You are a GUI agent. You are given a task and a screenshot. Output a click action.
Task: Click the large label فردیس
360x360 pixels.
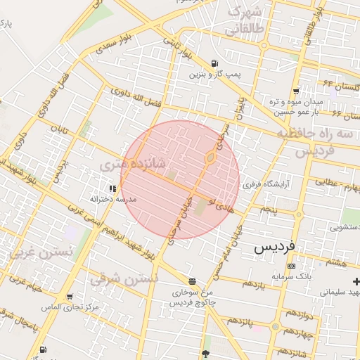pyautogui.click(x=277, y=248)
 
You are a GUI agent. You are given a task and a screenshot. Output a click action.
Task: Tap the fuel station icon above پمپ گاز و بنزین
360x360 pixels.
pyautogui.click(x=214, y=63)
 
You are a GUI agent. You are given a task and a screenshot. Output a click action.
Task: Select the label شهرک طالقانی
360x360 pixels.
pyautogui.click(x=243, y=20)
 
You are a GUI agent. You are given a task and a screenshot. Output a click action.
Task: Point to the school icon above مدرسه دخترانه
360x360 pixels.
pyautogui.click(x=112, y=188)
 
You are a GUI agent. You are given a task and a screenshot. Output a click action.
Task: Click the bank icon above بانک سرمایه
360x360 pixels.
pyautogui.click(x=292, y=266)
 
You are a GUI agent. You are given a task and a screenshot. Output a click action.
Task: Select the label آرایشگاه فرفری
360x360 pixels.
pyautogui.click(x=262, y=186)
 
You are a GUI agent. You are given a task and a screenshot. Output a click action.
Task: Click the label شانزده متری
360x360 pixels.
pyautogui.click(x=133, y=165)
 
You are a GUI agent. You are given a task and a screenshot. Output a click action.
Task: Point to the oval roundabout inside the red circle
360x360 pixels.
pyautogui.click(x=210, y=157)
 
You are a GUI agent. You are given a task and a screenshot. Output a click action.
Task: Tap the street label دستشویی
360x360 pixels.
pyautogui.click(x=343, y=227)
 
